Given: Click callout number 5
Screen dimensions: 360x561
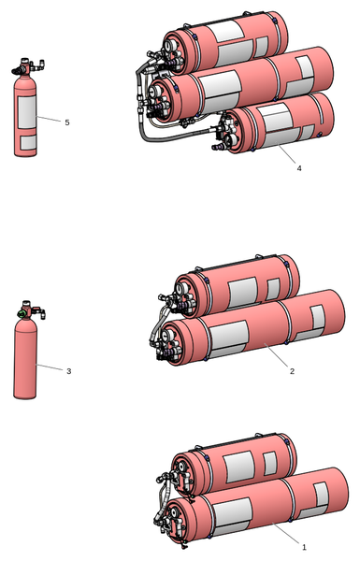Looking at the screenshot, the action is click(x=67, y=122).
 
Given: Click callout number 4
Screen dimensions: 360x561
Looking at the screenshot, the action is click(x=299, y=167).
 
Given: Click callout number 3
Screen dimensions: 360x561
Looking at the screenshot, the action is click(x=68, y=371).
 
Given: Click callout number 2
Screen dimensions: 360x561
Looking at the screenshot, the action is click(x=292, y=371).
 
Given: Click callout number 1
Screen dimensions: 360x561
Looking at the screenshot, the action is click(x=304, y=547).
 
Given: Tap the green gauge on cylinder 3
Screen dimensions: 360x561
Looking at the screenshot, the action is click(x=22, y=314).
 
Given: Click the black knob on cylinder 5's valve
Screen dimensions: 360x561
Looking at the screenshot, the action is click(x=17, y=71).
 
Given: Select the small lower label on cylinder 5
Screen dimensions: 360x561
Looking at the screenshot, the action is click(x=28, y=142).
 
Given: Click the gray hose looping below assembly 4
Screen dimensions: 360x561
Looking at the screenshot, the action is click(x=168, y=137).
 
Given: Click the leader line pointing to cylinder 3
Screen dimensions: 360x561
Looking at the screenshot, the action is click(x=50, y=367).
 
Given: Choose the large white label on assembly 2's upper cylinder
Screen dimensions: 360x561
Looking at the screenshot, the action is click(x=242, y=292).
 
